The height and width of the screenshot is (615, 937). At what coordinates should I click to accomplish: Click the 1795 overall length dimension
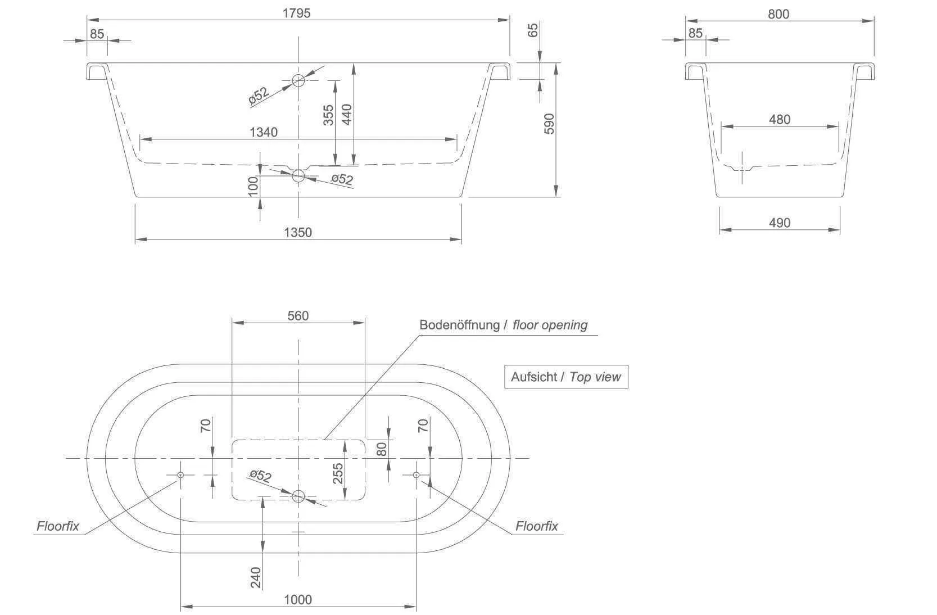(296, 13)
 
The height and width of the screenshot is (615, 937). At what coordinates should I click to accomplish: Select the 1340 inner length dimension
(264, 132)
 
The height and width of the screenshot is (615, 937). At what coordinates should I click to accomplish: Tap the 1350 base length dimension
(298, 232)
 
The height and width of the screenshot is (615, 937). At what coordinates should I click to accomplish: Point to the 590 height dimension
(549, 124)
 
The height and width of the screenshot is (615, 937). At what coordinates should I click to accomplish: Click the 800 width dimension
(778, 14)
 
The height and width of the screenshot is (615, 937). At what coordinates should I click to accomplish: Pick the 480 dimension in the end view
(780, 119)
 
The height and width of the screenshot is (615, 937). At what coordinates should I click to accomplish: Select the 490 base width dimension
(780, 223)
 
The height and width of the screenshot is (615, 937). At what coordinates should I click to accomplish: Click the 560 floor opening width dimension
(298, 316)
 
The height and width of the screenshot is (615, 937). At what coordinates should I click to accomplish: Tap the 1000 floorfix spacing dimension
(298, 600)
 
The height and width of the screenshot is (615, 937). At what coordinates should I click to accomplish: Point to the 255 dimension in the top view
(338, 474)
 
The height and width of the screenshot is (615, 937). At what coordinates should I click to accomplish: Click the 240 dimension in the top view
(256, 578)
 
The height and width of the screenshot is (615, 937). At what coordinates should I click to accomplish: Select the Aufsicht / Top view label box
(565, 377)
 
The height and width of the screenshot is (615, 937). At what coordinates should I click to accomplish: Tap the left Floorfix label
(58, 527)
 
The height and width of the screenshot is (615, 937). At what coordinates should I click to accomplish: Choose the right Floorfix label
(537, 526)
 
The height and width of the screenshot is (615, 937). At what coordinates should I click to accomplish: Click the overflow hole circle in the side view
(298, 80)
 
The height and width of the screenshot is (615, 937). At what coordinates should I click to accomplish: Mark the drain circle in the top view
(298, 496)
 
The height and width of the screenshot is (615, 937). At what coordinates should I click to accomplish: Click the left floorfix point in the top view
(180, 475)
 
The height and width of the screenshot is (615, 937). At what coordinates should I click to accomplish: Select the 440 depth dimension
(346, 115)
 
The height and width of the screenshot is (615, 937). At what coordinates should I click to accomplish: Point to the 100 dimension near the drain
(253, 186)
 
